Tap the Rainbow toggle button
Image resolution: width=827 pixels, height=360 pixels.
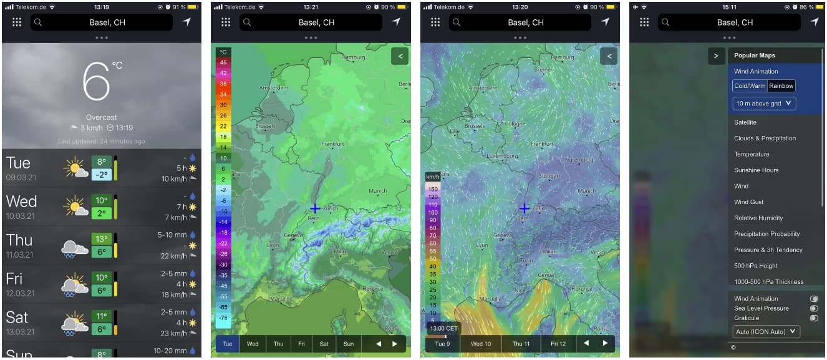click(781, 86)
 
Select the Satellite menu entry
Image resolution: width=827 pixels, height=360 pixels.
click(745, 122)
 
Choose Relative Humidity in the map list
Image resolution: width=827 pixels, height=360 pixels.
click(758, 218)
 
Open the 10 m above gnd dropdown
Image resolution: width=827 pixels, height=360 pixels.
click(764, 104)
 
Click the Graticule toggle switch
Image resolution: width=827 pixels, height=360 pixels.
click(813, 318)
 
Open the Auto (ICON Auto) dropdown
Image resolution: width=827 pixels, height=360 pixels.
click(766, 331)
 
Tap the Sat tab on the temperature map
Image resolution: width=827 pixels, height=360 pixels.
click(324, 344)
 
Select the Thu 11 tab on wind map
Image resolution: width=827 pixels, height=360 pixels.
click(521, 344)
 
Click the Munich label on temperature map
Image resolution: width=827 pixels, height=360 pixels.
click(378, 191)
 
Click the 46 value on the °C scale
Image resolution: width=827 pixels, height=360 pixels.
click(224, 62)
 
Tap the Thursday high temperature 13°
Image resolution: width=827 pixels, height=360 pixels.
click(101, 238)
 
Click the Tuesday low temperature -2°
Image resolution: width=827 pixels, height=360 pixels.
click(101, 175)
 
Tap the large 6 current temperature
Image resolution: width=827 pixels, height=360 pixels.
click(97, 82)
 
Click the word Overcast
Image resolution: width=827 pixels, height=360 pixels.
click(101, 117)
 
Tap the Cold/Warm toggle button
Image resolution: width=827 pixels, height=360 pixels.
click(750, 86)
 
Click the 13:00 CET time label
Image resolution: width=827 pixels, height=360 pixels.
click(443, 328)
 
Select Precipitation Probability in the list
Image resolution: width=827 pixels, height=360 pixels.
click(767, 234)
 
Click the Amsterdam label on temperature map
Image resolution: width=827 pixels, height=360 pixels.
click(273, 88)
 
